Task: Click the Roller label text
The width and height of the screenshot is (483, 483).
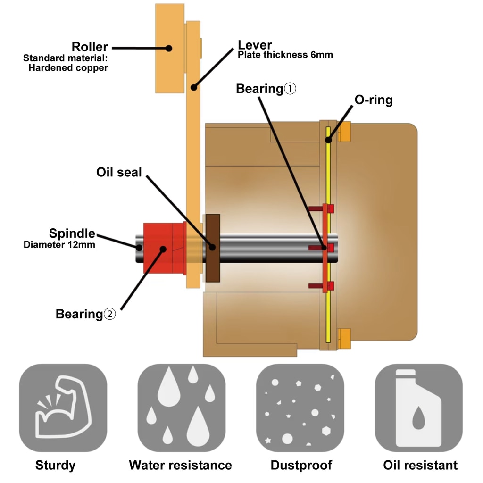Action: pos(90,47)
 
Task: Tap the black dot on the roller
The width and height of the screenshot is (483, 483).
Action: pos(168,49)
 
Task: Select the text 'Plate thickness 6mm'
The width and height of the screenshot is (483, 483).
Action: pos(285,55)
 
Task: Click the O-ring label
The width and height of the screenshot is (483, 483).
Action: pos(374,100)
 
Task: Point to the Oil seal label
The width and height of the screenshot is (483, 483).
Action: pos(119,172)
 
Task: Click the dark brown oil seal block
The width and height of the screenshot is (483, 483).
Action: pos(213,248)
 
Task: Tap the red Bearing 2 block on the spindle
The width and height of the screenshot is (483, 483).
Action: pos(165,248)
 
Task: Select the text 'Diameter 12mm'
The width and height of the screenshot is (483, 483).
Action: pos(59,245)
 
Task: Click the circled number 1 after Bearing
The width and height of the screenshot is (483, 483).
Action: pos(290,89)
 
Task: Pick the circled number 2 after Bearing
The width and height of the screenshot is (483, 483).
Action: pos(109,314)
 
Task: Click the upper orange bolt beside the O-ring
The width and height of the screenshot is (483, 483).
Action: pos(344,132)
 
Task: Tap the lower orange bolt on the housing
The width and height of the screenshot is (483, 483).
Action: pos(344,339)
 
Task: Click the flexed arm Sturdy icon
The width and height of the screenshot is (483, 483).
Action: pos(63,408)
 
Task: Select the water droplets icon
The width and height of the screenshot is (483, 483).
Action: pos(182,408)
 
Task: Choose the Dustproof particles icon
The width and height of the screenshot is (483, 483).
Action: pos(300,408)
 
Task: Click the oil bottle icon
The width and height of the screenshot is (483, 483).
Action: pos(419,408)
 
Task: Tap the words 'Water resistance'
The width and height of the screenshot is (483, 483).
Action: pos(181,465)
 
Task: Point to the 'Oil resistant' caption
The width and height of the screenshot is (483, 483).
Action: pos(420,465)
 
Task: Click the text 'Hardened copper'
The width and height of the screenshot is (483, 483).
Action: pos(68,68)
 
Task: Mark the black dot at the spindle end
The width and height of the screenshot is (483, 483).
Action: pos(139,247)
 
